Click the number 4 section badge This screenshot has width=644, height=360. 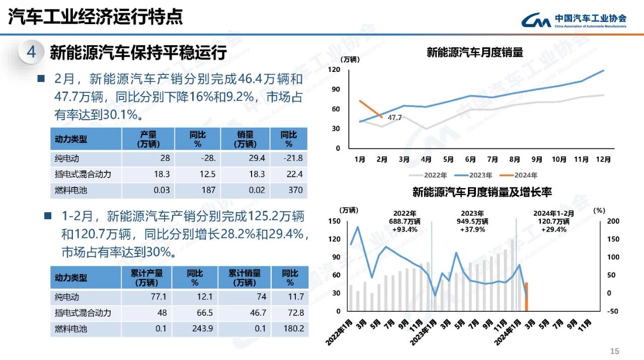pyautogui.click(x=31, y=52)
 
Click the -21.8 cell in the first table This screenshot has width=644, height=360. pyautogui.click(x=293, y=159)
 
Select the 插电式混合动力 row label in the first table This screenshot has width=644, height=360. pyautogui.click(x=83, y=174)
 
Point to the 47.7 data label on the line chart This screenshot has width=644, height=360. pyautogui.click(x=394, y=118)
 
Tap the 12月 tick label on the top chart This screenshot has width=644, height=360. pyautogui.click(x=603, y=159)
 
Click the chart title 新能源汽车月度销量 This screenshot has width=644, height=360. pyautogui.click(x=475, y=52)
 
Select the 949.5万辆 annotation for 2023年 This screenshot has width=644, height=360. pyautogui.click(x=473, y=221)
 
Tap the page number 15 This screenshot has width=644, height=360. pyautogui.click(x=614, y=351)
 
